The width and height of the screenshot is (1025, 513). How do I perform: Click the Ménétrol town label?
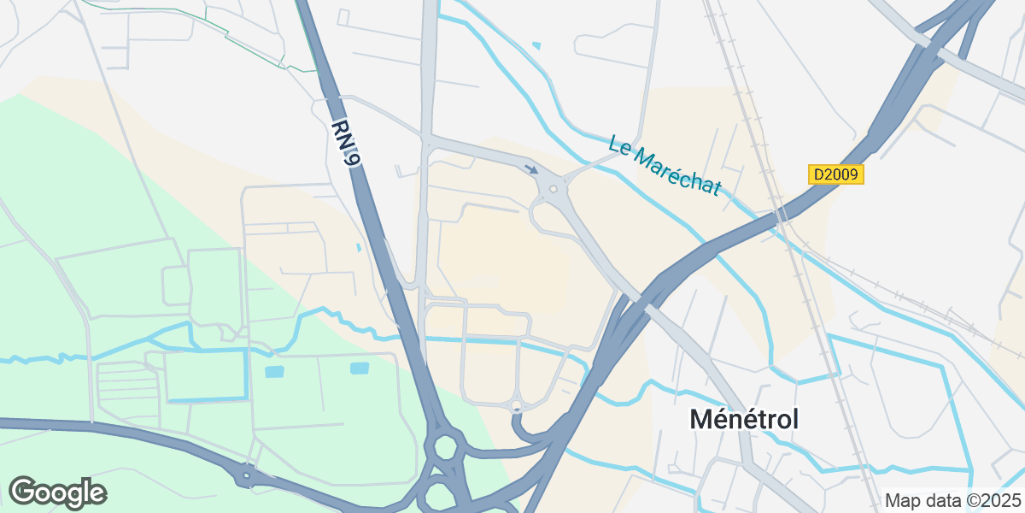coord(744,419)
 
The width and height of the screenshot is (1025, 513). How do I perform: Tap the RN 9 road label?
coord(346,142)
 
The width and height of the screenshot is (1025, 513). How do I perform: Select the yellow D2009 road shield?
coord(836,174)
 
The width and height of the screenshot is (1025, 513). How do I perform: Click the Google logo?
coord(57,492)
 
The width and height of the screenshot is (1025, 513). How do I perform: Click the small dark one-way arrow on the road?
coord(531,169)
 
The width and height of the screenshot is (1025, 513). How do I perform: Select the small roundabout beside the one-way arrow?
coord(553,190)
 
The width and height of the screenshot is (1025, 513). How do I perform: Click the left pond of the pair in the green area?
coord(273,372)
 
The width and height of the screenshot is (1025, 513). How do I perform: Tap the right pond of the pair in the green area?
coord(360,369)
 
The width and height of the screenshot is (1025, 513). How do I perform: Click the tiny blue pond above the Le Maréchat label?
coord(536,45)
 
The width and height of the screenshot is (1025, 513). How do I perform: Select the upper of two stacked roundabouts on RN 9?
coord(445,446)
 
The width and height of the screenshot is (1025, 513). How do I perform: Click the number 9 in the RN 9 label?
coord(351,156)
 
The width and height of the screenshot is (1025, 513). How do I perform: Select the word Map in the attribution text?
coord(902,500)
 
